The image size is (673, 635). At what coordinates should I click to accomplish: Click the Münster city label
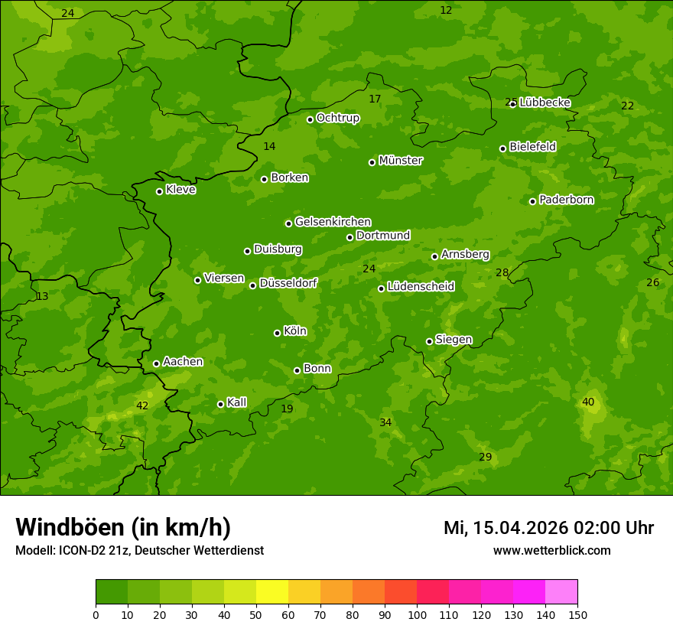point(400,161)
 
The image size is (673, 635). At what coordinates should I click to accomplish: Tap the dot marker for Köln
point(277,333)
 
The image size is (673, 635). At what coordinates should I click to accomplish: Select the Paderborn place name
point(566,200)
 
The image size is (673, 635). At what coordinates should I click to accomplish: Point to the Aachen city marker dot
point(156,363)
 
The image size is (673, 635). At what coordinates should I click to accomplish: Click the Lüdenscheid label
point(421,287)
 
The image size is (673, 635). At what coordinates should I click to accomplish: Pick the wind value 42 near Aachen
point(142,405)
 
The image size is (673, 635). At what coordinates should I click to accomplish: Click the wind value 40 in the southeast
point(588,402)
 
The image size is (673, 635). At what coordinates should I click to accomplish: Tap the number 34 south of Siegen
point(385,422)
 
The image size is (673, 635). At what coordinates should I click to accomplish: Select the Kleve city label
point(180,190)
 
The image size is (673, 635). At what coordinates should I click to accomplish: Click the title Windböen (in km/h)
point(123,527)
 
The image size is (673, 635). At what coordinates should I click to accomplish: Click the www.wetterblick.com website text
point(551,550)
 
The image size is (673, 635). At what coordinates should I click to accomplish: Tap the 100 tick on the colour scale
point(417,614)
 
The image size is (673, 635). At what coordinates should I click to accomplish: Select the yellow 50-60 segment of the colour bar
point(272,592)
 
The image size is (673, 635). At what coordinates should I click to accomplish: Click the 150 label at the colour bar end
point(577,614)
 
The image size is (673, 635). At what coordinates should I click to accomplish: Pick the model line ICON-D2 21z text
point(139,550)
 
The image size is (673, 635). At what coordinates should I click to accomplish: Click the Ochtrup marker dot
point(310,119)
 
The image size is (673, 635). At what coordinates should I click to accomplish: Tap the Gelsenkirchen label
point(333,222)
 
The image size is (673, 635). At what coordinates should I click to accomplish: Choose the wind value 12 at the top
point(446,10)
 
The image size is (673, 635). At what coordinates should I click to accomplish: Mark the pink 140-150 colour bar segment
point(561,592)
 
